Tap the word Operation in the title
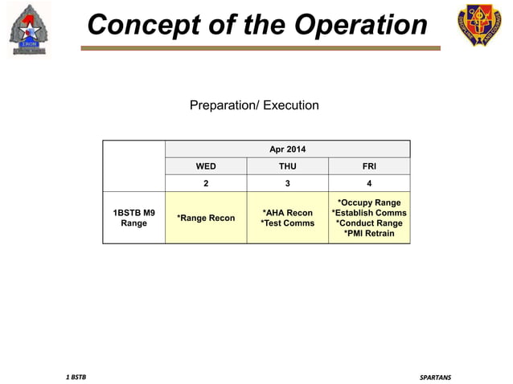[x=360, y=25]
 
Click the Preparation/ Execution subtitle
[x=254, y=105]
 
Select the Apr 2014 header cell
[x=287, y=149]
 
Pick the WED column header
[x=206, y=167]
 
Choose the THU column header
[x=287, y=167]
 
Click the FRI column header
[x=369, y=167]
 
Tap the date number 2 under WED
[x=206, y=184]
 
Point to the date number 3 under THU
[x=287, y=184]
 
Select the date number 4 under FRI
[x=369, y=184]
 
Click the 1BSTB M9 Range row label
[x=133, y=218]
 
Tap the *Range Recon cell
[x=206, y=218]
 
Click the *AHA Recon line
[x=287, y=213]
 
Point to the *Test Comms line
[x=287, y=223]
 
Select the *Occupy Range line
[x=369, y=202]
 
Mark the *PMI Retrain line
[x=369, y=234]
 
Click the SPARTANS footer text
[x=435, y=377]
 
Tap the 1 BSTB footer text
[x=76, y=377]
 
